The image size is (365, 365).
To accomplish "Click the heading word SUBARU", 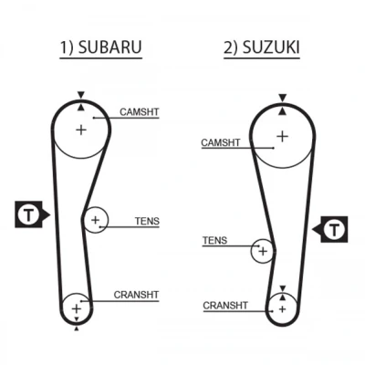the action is click(109, 47).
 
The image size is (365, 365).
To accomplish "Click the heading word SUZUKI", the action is click(271, 47).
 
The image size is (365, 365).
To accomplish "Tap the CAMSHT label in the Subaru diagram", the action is click(140, 112).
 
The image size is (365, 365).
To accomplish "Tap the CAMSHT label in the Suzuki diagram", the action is click(221, 142).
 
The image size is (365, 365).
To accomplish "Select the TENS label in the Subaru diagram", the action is click(147, 221).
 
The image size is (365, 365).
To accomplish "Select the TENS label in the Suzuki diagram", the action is click(214, 241).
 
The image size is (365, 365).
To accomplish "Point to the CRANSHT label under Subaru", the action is click(136, 295).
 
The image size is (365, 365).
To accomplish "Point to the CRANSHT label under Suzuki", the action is click(225, 306).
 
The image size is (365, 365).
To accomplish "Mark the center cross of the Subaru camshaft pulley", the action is click(81, 130).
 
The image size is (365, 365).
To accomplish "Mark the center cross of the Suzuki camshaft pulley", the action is click(283, 136).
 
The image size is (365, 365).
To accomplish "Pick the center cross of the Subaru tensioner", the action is click(96, 220).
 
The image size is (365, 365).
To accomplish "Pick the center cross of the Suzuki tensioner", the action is click(263, 251).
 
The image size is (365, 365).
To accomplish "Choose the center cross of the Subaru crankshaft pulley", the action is click(77, 308).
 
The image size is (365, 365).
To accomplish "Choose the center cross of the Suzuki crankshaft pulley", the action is click(283, 309).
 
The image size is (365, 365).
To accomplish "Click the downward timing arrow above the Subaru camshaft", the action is click(80, 95).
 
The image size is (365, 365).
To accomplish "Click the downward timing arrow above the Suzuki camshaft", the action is click(283, 98).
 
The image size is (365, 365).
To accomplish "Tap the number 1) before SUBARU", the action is click(67, 47).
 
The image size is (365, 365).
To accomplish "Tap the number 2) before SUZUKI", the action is click(232, 47).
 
